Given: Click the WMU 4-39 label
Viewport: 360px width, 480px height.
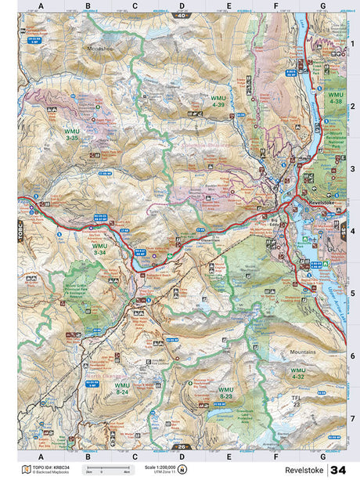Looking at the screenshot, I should point(218,101).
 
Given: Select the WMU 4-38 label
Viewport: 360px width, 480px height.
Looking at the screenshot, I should point(335,99).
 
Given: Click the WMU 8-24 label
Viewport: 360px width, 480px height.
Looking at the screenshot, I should point(122,388).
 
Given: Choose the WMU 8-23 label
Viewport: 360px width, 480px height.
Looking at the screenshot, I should point(225,392).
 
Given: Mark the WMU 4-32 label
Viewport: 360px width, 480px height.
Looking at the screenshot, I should point(297,373).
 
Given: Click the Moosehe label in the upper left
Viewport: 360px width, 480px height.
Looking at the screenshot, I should point(103,47).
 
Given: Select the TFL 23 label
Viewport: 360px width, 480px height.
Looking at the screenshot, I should point(297,401).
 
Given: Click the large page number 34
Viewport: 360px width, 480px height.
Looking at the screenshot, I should point(337,469).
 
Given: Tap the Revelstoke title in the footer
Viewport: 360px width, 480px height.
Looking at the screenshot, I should point(305,470).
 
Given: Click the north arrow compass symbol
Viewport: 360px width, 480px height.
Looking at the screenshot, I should point(182,469).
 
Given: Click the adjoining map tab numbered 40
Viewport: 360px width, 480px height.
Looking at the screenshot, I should point(182,15).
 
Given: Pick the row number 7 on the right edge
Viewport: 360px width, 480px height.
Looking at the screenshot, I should point(352,417).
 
